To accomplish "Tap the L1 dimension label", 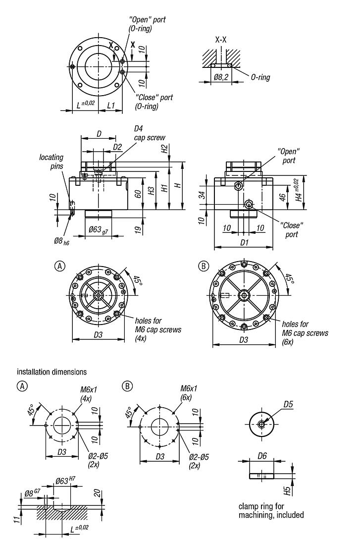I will coord(111,105).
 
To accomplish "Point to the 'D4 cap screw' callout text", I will coord(149,133).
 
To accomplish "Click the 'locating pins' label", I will coord(51,162).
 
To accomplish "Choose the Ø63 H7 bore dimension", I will coord(64,480).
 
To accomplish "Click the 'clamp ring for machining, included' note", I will coord(271,511).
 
